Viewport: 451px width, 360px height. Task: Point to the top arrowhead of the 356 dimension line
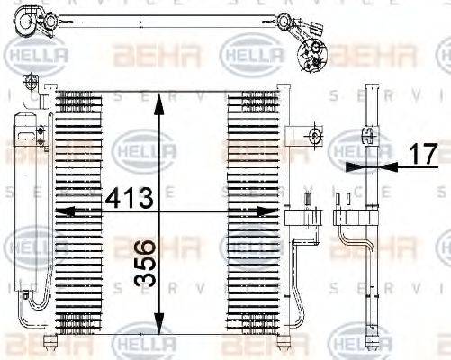pyautogui.click(x=159, y=101)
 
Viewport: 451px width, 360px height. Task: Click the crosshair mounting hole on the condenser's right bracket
pyautogui.click(x=315, y=137)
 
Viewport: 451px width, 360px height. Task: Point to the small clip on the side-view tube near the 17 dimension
pyautogui.click(x=367, y=136)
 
